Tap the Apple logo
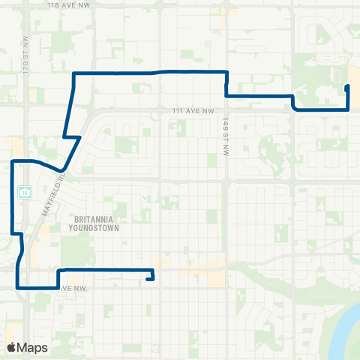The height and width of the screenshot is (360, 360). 11,347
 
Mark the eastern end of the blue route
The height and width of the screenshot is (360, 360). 346,87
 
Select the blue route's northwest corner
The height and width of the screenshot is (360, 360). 73,73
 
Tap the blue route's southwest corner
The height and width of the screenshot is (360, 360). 17,286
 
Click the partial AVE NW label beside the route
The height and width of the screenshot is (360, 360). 70,287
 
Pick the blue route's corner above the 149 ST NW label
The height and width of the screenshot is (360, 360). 226,72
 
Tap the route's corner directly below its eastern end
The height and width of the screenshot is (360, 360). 348,109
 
